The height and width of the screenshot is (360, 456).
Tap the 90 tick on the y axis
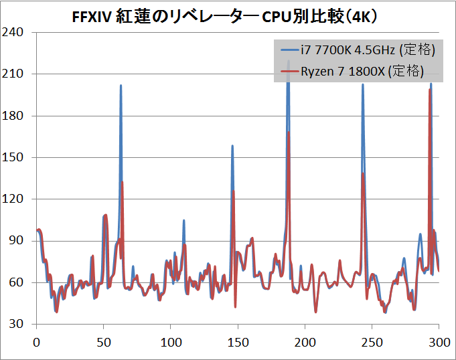pyautogui.click(x=16, y=241)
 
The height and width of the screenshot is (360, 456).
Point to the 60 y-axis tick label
pyautogui.click(x=16, y=282)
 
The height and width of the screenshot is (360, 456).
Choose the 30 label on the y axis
pyautogui.click(x=16, y=324)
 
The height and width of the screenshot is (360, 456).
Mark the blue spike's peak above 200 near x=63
pyautogui.click(x=121, y=86)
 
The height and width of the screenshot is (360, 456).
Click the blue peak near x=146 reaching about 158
pyautogui.click(x=232, y=146)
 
